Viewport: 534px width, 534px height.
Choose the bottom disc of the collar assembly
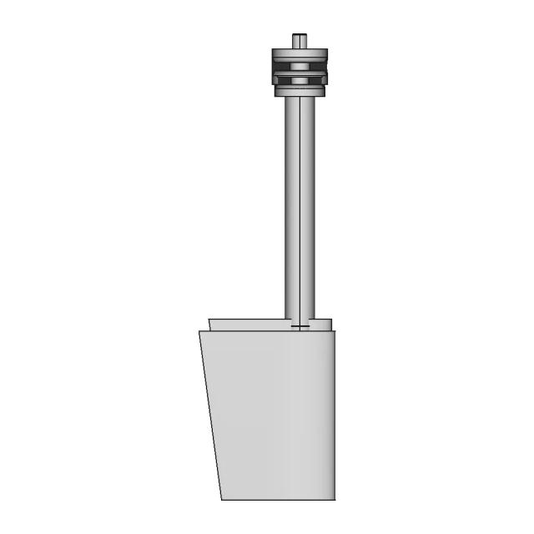[299, 90]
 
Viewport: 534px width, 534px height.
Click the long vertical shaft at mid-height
[299, 209]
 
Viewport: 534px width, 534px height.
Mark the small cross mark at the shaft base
[299, 326]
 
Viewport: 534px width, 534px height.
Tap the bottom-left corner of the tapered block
[222, 500]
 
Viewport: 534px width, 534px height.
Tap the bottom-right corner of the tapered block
[335, 500]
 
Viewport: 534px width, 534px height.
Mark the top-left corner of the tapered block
[199, 331]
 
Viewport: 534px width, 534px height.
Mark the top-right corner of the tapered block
[335, 331]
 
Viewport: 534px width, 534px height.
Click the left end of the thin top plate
[211, 325]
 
